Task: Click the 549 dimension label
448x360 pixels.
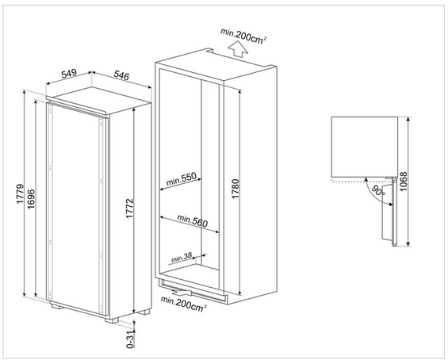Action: coord(69,74)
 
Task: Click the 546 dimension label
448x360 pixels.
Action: coord(121,75)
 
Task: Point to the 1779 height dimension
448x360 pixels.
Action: coord(21,193)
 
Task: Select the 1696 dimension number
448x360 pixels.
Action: coord(31,198)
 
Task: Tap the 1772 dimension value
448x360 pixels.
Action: coord(130,209)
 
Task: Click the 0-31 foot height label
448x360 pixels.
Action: coord(130,339)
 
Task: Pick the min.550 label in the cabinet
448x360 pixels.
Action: coord(182,178)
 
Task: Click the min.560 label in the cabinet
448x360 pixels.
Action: coord(193,220)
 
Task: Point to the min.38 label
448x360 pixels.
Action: coord(182,257)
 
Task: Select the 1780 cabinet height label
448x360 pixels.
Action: coord(235,189)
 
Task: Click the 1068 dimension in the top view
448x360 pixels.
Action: coord(403,182)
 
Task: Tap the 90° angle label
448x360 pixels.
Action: coord(378,191)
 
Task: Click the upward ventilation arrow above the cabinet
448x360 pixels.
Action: coord(239,49)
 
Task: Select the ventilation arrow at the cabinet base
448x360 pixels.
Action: coord(182,292)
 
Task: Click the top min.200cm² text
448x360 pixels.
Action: coord(243,36)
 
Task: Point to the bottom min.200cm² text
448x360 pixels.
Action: coord(183,304)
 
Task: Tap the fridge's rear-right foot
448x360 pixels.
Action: coord(144,312)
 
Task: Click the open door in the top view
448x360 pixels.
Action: coord(389,212)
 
